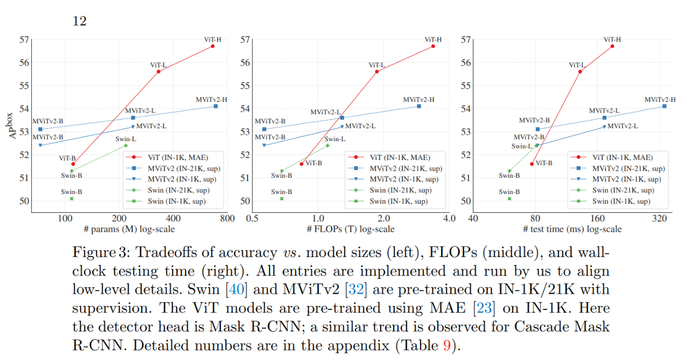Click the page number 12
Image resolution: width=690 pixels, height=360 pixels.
(x=79, y=21)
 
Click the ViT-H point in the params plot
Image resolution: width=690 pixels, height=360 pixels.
(x=212, y=46)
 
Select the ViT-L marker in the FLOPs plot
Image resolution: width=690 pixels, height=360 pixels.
(x=377, y=72)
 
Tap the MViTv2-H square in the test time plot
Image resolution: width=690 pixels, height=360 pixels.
(x=664, y=106)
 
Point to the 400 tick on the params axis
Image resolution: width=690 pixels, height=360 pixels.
(x=173, y=218)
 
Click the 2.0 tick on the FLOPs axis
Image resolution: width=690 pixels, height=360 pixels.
(x=383, y=218)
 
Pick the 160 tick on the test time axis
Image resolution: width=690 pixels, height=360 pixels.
(x=598, y=218)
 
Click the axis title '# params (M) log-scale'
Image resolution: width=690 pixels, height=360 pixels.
(x=129, y=229)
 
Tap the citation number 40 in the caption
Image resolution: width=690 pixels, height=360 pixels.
(x=238, y=289)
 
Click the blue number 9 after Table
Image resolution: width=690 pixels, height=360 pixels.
(x=446, y=345)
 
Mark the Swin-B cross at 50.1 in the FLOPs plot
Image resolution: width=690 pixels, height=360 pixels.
(x=281, y=199)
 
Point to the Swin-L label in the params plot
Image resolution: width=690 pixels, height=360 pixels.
(x=126, y=139)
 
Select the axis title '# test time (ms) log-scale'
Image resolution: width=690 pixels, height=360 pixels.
(x=572, y=229)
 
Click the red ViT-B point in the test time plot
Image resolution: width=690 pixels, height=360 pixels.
(x=532, y=164)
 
